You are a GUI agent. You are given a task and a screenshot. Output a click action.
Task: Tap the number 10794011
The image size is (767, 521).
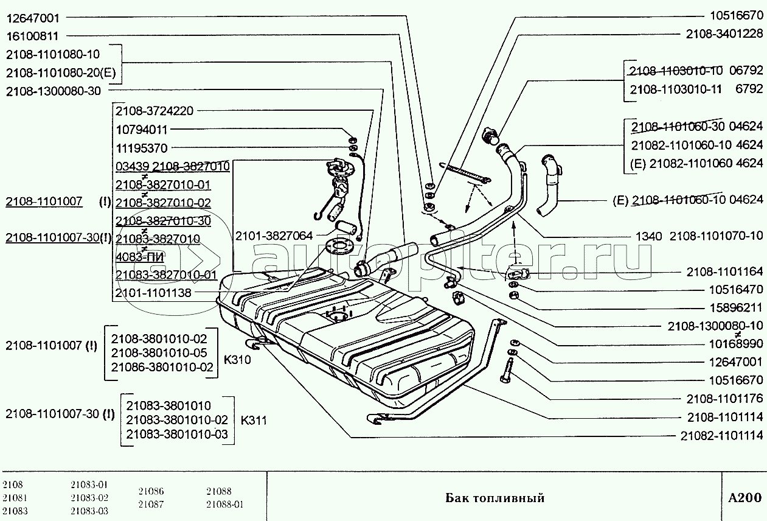coord(141,130)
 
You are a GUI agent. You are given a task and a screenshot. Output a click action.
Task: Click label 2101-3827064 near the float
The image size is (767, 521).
coord(274,235)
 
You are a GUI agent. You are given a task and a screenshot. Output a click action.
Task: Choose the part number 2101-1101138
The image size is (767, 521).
coord(153,293)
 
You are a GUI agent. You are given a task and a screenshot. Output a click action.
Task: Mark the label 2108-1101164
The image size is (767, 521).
coord(724,271)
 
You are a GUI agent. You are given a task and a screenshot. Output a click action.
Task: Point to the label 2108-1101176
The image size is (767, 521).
coord(724,399)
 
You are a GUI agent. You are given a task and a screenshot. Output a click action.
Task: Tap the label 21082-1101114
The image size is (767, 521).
coord(721,436)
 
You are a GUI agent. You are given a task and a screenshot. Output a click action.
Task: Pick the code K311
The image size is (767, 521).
coord(254,420)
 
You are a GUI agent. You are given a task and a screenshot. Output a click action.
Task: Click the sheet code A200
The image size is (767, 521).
coord(744,498)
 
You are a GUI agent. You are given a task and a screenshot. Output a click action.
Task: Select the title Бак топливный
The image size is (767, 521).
coord(495,498)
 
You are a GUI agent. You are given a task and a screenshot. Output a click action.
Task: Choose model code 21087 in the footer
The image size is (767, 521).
coord(151,504)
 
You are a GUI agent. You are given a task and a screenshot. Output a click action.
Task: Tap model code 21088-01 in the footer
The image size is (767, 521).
coord(224,504)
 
